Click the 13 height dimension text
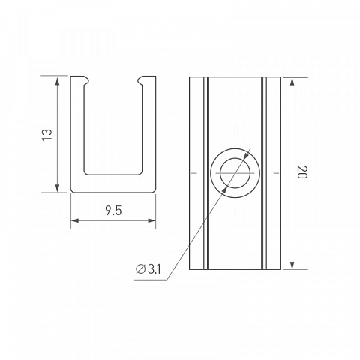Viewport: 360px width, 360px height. pyautogui.click(x=47, y=135)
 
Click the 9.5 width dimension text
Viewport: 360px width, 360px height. pyautogui.click(x=113, y=211)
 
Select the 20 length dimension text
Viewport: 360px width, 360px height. pyautogui.click(x=301, y=172)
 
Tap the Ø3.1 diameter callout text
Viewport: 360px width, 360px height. pyautogui.click(x=148, y=269)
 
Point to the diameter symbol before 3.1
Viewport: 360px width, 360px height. pyautogui.click(x=140, y=269)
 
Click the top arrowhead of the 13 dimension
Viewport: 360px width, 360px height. pyautogui.click(x=57, y=82)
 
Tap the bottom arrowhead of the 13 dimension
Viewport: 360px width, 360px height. pyautogui.click(x=57, y=188)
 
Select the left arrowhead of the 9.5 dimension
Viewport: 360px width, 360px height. pyautogui.click(x=75, y=220)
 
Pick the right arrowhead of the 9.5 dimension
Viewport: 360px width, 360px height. pyautogui.click(x=151, y=220)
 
